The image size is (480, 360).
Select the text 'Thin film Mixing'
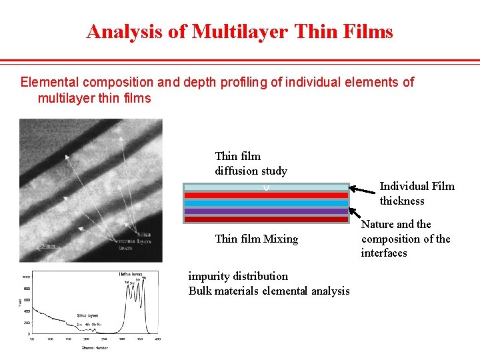pos(256,239)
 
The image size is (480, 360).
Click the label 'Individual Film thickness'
pos(417,193)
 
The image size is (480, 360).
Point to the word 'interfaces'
pos(384,253)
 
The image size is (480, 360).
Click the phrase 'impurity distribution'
pos(238,276)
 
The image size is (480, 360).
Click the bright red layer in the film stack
pos(266,195)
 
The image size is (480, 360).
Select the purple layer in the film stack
pos(266,211)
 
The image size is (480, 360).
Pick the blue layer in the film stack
pos(266,203)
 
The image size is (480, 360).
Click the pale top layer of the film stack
pos(266,187)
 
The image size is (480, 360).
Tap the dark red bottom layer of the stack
pos(266,219)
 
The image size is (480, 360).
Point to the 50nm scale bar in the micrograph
pos(48,246)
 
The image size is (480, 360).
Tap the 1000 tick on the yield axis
pos(25,277)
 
